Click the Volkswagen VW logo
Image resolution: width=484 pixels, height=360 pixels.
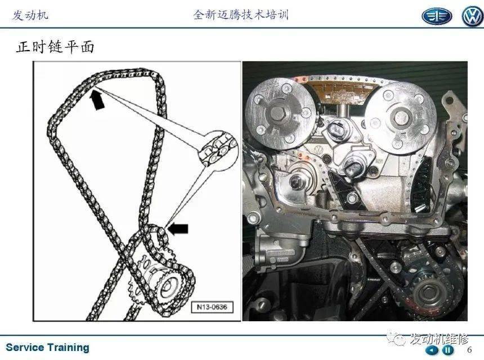point(472,16)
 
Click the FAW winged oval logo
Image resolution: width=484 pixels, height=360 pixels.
point(437,16)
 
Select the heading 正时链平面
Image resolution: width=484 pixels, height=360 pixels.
point(55,47)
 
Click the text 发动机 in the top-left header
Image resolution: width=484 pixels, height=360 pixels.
point(30,15)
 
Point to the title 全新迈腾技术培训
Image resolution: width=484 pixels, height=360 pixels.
point(241,15)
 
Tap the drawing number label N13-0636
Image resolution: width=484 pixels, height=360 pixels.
point(212,307)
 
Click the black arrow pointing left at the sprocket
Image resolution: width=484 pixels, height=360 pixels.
point(177,228)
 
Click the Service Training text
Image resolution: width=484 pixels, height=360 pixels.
point(47,348)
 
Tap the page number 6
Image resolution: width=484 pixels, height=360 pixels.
point(470,350)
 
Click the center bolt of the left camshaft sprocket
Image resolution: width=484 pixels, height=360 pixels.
point(279,114)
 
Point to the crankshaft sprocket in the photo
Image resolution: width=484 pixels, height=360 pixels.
point(428,290)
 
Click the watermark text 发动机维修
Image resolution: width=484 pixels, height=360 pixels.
point(439,339)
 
